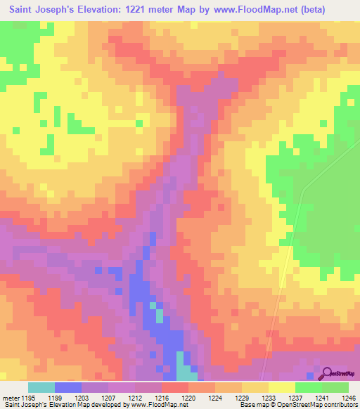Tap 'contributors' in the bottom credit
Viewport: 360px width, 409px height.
pyautogui.click(x=340, y=405)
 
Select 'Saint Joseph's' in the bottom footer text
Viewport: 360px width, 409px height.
pyautogui.click(x=20, y=405)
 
